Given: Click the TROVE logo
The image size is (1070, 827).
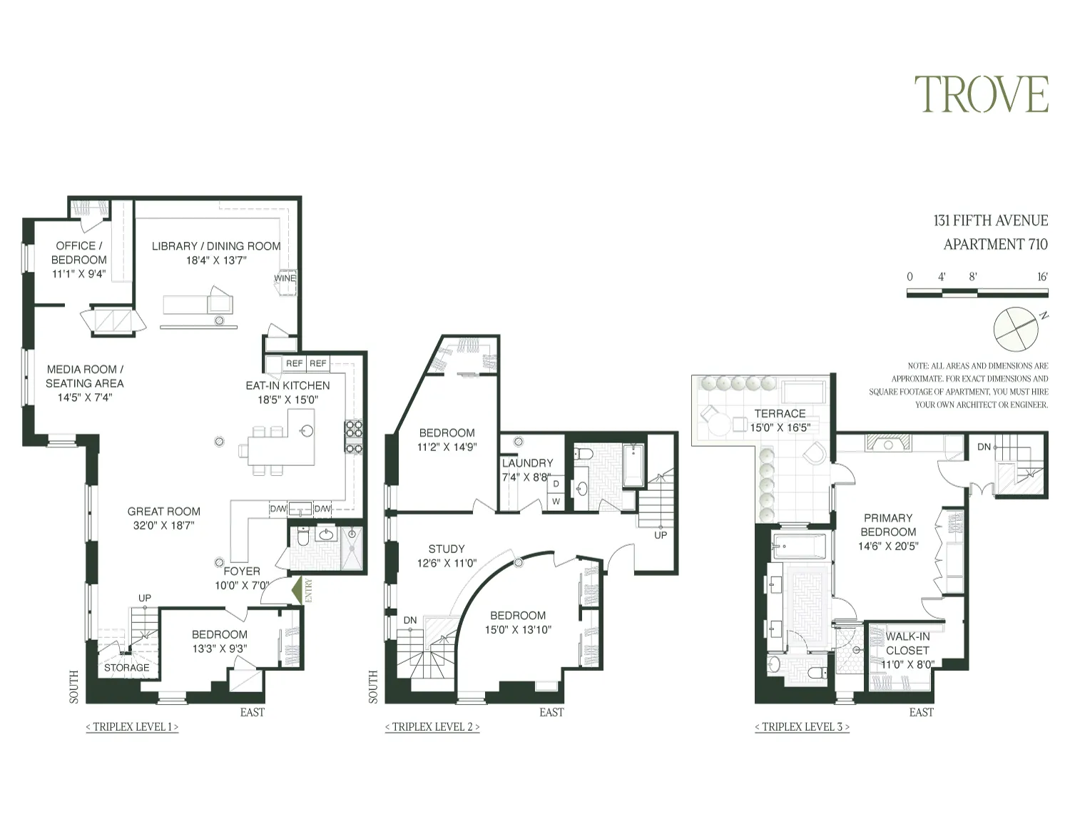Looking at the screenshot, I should pyautogui.click(x=982, y=95).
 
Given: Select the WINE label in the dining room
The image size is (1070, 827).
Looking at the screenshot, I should pyautogui.click(x=285, y=278).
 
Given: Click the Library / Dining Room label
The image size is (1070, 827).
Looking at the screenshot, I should pyautogui.click(x=216, y=246).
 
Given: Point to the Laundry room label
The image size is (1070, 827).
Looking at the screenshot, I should pyautogui.click(x=527, y=463).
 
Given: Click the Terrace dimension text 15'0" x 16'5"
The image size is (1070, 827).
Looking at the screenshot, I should pyautogui.click(x=780, y=428).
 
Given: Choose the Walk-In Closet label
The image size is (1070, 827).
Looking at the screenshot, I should pyautogui.click(x=907, y=643).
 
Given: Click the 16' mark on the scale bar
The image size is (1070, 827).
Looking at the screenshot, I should pyautogui.click(x=1042, y=277).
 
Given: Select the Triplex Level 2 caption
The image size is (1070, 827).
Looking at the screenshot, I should pyautogui.click(x=432, y=727).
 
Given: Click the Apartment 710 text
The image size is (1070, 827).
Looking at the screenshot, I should pyautogui.click(x=995, y=244).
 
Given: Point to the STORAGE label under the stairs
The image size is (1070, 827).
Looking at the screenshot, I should pyautogui.click(x=127, y=668).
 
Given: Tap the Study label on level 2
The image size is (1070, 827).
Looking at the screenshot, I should pyautogui.click(x=447, y=549).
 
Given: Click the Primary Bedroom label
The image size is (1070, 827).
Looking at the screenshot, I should pyautogui.click(x=888, y=525).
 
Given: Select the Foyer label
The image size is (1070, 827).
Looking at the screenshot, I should pyautogui.click(x=242, y=571).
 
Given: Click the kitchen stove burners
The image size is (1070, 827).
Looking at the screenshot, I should pyautogui.click(x=354, y=437).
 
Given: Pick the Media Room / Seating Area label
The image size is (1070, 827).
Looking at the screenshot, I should pyautogui.click(x=85, y=376).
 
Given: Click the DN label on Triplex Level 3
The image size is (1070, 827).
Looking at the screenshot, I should pyautogui.click(x=984, y=447).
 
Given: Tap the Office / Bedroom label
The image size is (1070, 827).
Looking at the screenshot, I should pyautogui.click(x=79, y=253).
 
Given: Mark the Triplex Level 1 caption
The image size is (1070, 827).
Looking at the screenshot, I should pyautogui.click(x=132, y=727).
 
